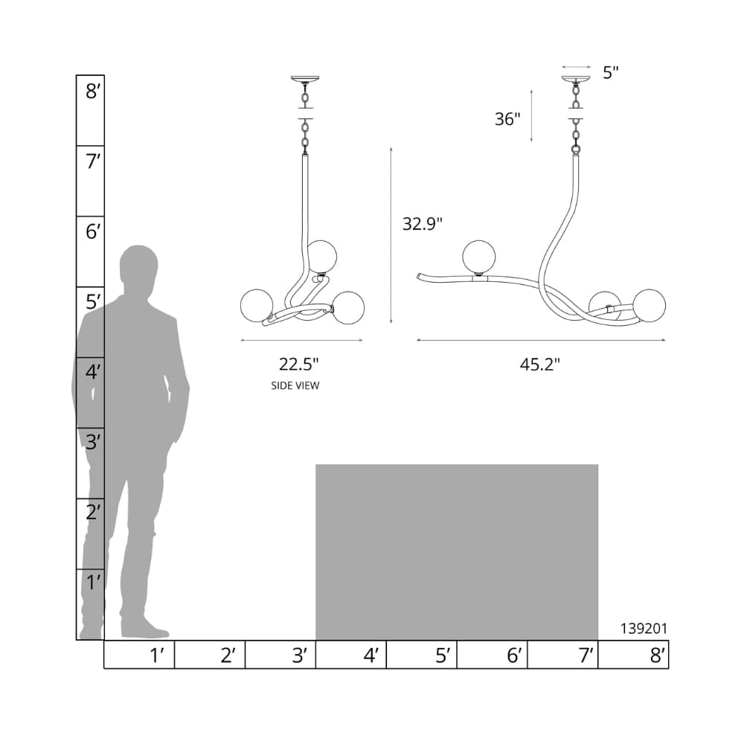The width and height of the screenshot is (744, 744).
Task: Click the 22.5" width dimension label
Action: click(x=298, y=365)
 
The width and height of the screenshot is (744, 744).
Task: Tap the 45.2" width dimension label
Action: click(x=540, y=365)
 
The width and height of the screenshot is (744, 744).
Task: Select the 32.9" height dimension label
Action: click(x=423, y=223)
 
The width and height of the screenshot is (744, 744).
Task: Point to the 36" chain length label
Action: click(x=507, y=118)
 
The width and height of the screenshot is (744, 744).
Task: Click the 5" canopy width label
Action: click(x=611, y=73)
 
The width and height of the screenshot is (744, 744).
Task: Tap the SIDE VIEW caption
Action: click(x=295, y=385)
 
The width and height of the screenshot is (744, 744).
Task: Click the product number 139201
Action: click(x=644, y=628)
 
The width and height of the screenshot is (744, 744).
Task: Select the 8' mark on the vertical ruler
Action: click(x=93, y=91)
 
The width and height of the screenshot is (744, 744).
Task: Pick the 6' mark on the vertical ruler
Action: click(x=93, y=231)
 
